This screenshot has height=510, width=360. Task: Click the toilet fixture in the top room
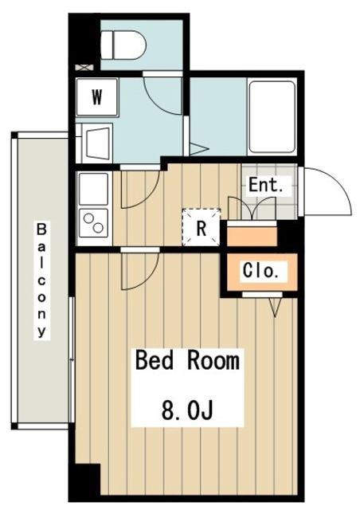(123, 45)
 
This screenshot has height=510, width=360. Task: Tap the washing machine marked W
(97, 96)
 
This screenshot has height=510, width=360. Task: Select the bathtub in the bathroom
(272, 117)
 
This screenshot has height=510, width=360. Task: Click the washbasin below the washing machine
(97, 143)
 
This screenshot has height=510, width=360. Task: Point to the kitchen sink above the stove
(94, 189)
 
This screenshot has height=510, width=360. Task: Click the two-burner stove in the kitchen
(94, 223)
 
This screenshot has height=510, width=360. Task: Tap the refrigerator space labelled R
(202, 227)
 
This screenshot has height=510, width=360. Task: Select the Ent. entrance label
(266, 185)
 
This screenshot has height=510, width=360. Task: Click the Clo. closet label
(260, 271)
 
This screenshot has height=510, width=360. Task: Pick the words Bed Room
(187, 360)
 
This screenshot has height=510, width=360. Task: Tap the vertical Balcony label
(41, 280)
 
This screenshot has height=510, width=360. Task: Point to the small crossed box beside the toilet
(84, 67)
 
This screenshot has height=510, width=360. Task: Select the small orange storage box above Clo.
(252, 236)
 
